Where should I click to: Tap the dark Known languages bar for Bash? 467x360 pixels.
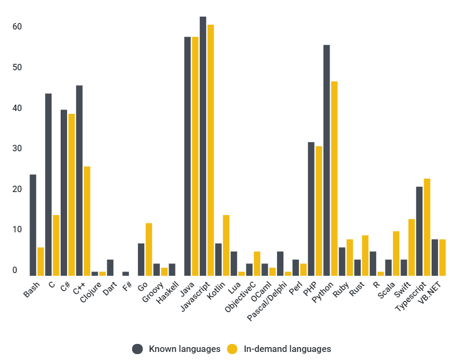(33, 225)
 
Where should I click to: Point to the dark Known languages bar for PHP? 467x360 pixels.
(311, 209)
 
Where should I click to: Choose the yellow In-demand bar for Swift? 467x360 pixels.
(412, 247)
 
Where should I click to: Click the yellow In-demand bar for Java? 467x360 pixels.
(195, 156)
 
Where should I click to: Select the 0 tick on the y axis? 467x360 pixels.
(16, 270)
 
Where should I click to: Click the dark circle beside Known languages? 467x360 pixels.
(138, 349)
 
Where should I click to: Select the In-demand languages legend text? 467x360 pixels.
(287, 349)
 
